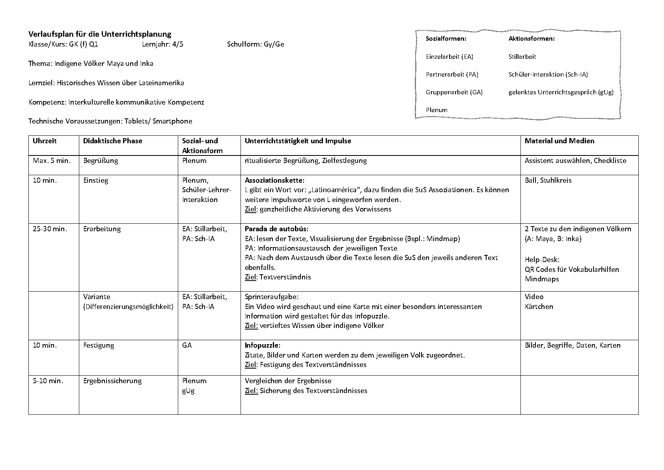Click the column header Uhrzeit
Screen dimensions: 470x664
(x=45, y=141)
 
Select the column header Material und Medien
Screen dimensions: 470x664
(x=559, y=141)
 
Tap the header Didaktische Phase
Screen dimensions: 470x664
(x=112, y=141)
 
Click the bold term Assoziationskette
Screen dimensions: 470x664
(x=274, y=180)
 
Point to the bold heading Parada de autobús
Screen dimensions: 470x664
(x=276, y=229)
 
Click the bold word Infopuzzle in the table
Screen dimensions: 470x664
(x=262, y=345)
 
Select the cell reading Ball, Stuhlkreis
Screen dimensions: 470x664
(x=548, y=180)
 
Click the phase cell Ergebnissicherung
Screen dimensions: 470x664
(x=112, y=381)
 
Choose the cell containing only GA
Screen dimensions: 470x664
(x=187, y=345)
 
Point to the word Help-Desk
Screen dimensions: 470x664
(x=542, y=260)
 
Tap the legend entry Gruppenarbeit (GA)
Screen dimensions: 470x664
(x=454, y=92)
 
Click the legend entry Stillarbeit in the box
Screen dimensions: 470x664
(x=522, y=57)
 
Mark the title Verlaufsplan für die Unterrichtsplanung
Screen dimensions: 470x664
(x=100, y=34)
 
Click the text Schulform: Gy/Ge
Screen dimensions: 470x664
(x=256, y=44)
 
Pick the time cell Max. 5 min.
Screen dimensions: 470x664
(x=52, y=161)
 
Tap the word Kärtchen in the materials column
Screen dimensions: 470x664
(x=539, y=307)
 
